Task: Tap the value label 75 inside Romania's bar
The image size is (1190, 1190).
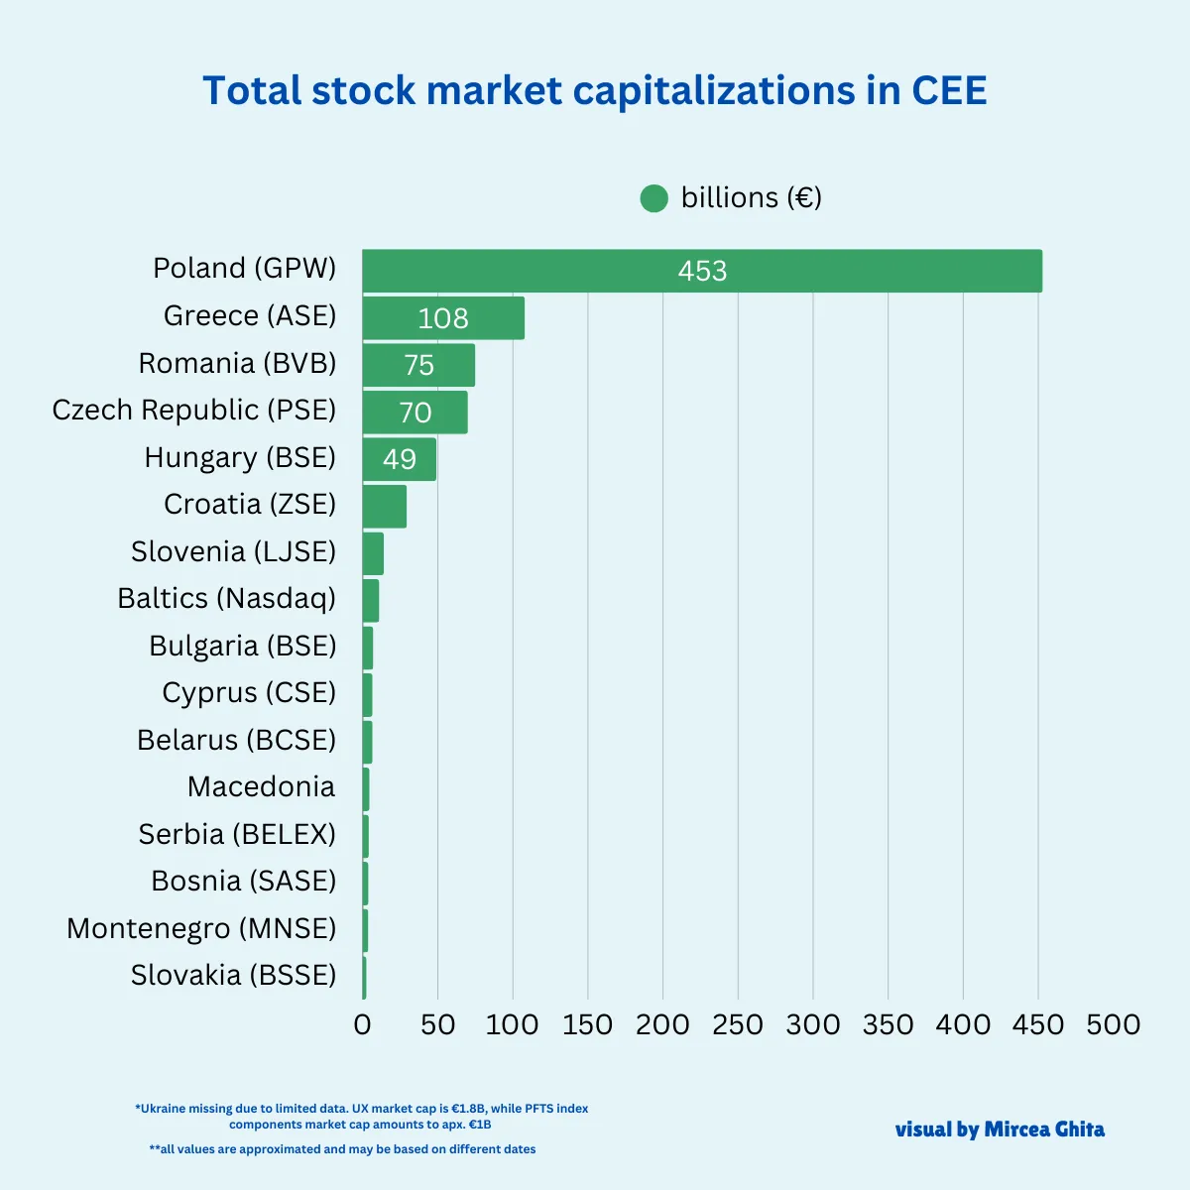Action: point(419,365)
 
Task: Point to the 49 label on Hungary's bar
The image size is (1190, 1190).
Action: point(400,459)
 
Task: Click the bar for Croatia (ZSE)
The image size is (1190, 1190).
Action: point(385,506)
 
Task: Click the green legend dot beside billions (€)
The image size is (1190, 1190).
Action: point(654,198)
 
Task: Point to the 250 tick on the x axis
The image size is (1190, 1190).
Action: point(738,1024)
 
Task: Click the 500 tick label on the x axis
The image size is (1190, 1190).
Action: point(1113,1024)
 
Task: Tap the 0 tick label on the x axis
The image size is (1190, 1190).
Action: point(362,1024)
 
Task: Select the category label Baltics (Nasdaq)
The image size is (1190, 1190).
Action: point(226,599)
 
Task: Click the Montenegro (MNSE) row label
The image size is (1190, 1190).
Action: point(201,928)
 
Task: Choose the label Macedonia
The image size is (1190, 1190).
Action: point(261,787)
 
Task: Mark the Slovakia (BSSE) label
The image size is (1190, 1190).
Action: point(233,975)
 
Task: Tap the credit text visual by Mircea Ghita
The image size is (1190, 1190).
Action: point(1000,1130)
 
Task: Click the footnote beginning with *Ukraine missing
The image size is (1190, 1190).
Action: point(362,1117)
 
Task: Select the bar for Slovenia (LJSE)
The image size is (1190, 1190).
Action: point(373,553)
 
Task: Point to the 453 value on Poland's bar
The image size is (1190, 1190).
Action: point(702,271)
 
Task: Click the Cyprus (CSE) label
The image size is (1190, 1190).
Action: point(249,692)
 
